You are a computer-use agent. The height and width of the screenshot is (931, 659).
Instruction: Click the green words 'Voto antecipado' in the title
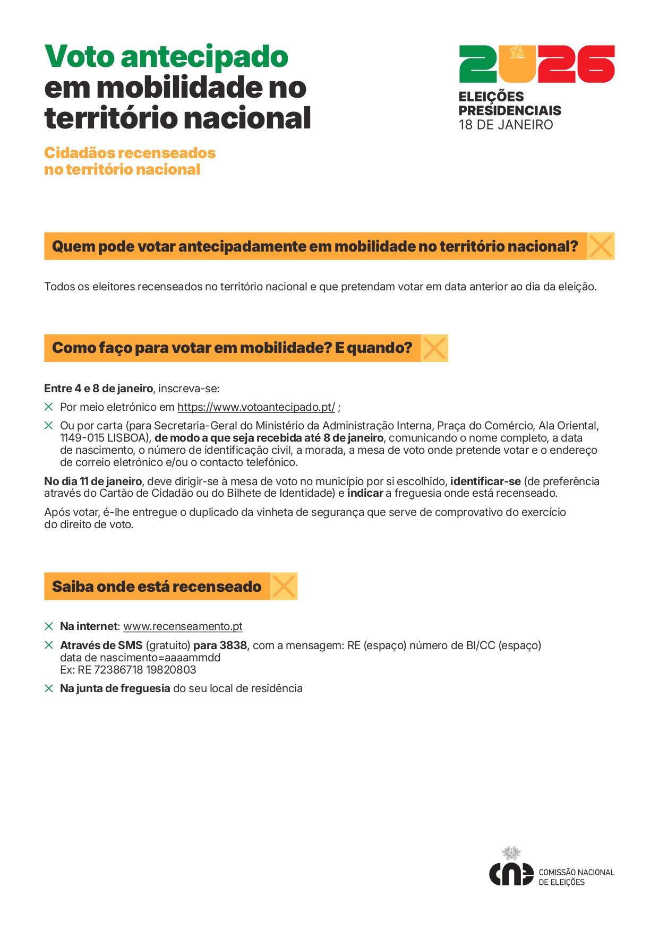[166, 57]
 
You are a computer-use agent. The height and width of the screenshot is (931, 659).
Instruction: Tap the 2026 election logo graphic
[536, 64]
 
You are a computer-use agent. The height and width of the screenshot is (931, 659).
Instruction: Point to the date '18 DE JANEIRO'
[506, 125]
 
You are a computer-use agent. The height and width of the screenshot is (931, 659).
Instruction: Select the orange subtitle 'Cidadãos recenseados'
[130, 153]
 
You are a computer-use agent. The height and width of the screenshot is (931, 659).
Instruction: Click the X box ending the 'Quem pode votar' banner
[601, 246]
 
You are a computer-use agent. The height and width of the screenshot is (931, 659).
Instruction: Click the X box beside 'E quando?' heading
[434, 348]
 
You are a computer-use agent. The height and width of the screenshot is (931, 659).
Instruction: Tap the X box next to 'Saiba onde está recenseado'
[284, 587]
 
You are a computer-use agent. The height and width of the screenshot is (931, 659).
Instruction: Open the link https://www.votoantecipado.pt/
[256, 407]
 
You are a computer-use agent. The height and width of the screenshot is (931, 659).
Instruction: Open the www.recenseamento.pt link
[183, 626]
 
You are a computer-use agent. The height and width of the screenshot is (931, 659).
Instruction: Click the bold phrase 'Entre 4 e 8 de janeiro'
[98, 389]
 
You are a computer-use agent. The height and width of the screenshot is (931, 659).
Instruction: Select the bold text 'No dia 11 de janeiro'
[93, 481]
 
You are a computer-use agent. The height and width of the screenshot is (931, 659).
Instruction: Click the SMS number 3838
[233, 645]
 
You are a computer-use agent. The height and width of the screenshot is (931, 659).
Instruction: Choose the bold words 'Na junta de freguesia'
[115, 688]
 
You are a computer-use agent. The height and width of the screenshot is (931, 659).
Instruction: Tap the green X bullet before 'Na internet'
[49, 626]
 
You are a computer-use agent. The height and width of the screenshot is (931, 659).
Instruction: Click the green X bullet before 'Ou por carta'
[49, 426]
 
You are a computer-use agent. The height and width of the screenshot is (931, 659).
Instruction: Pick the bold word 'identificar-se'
[485, 481]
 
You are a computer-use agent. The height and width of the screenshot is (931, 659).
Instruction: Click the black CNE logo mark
[511, 874]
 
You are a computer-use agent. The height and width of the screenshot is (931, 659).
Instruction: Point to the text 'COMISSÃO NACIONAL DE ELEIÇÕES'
[576, 877]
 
